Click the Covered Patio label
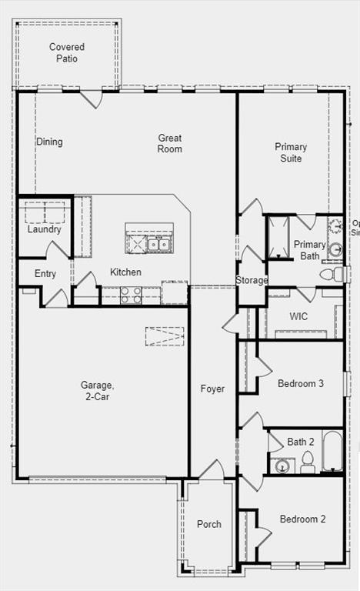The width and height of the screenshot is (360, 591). click(x=67, y=52)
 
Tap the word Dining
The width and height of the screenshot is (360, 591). click(x=49, y=142)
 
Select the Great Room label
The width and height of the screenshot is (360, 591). click(x=170, y=143)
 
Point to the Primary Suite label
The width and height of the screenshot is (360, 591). click(x=291, y=152)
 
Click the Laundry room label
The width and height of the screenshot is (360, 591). click(x=45, y=229)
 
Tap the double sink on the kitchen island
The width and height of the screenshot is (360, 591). click(x=160, y=245)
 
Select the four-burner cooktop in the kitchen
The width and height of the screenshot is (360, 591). click(x=131, y=295)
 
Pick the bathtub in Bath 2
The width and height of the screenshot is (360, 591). click(x=332, y=452)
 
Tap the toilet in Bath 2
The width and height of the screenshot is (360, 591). click(x=308, y=462)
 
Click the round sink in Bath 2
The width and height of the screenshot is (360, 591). click(x=282, y=466)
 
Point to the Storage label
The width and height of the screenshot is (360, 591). click(x=252, y=280)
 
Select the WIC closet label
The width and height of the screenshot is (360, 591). click(x=298, y=316)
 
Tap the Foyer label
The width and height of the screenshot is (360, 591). click(x=212, y=389)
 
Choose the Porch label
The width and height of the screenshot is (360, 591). click(x=209, y=524)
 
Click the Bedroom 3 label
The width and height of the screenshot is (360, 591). click(x=301, y=383)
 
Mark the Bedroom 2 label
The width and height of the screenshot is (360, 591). click(x=302, y=519)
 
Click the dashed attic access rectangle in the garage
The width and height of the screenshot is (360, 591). click(x=165, y=336)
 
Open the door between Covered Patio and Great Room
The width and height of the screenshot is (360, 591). click(x=92, y=98)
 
